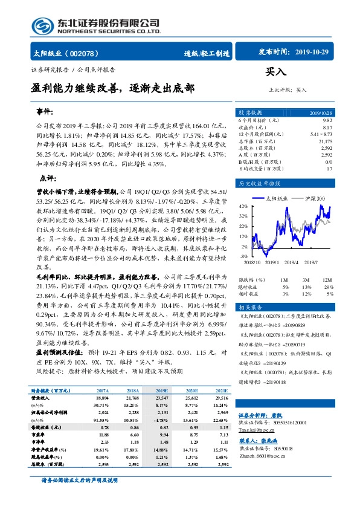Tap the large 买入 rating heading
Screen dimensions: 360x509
click(275, 72)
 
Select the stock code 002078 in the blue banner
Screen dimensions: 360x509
click(86, 53)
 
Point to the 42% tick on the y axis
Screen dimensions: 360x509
click(242, 207)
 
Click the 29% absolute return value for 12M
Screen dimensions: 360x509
click(330, 285)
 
